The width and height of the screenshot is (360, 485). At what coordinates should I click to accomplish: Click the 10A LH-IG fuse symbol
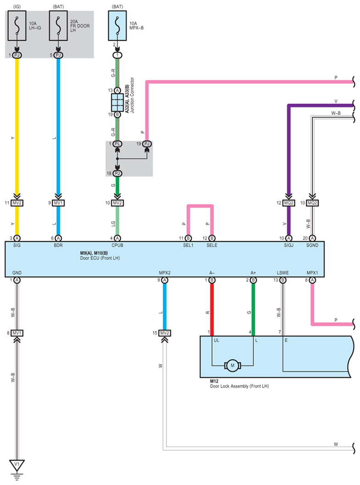17,26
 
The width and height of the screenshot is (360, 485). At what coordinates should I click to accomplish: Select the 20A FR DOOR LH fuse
59,26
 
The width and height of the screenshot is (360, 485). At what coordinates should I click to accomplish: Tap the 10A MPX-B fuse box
117,26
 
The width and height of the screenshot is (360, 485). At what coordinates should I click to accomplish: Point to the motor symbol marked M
233,366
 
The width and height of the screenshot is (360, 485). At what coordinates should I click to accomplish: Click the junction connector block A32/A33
117,102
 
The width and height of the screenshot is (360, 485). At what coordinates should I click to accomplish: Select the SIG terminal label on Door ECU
17,245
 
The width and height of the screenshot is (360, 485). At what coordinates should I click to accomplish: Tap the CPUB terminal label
117,245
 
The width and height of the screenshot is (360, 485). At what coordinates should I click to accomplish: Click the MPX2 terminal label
165,273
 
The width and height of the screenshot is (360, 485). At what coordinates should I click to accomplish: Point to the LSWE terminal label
282,273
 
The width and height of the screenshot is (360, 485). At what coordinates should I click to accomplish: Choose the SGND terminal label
312,245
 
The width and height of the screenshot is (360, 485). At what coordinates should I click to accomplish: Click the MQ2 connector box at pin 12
289,203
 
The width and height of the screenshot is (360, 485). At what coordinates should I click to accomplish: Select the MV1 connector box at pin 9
58,203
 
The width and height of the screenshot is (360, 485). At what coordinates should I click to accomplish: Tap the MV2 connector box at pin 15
165,333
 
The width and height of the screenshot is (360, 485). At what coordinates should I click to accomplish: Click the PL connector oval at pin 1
117,144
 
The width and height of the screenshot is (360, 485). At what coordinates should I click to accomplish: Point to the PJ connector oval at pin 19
147,144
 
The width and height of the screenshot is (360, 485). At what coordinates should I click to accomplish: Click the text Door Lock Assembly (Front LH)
239,386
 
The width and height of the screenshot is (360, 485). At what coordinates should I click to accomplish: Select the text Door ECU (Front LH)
100,258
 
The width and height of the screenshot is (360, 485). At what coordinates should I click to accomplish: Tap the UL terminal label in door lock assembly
216,340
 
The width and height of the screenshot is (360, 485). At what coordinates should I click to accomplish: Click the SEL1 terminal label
188,245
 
